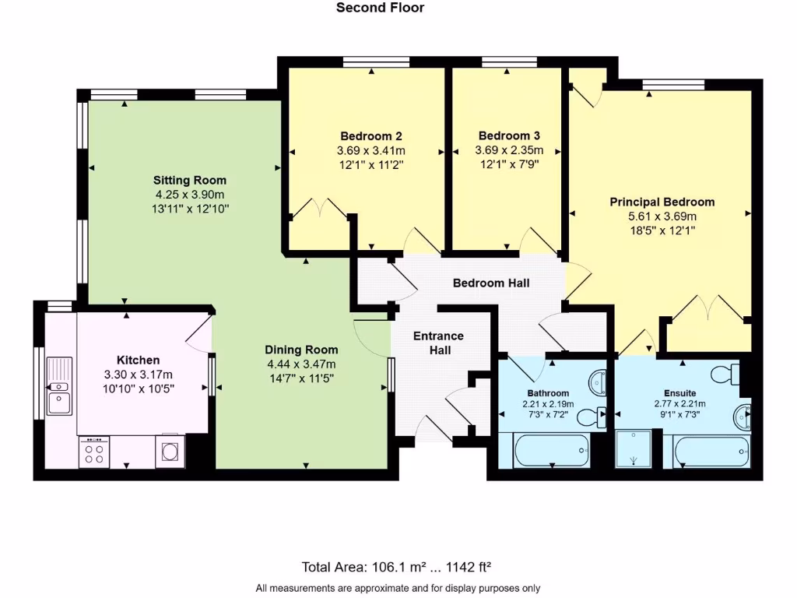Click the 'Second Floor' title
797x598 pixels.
click(x=380, y=8)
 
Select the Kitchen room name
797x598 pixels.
click(x=138, y=360)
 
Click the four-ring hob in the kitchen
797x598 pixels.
click(x=94, y=453)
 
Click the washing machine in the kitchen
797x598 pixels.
click(x=170, y=452)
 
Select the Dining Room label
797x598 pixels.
click(x=301, y=350)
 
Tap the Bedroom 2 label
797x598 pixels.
click(x=370, y=135)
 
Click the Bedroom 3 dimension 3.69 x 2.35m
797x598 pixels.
click(x=508, y=150)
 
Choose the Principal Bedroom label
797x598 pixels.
click(x=662, y=202)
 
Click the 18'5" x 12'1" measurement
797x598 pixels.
click(x=662, y=230)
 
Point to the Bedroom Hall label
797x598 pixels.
click(x=491, y=283)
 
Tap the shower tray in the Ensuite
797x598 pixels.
click(x=637, y=451)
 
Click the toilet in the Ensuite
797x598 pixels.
click(x=729, y=375)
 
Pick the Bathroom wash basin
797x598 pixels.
click(x=598, y=382)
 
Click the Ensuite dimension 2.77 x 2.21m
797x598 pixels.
click(x=680, y=403)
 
